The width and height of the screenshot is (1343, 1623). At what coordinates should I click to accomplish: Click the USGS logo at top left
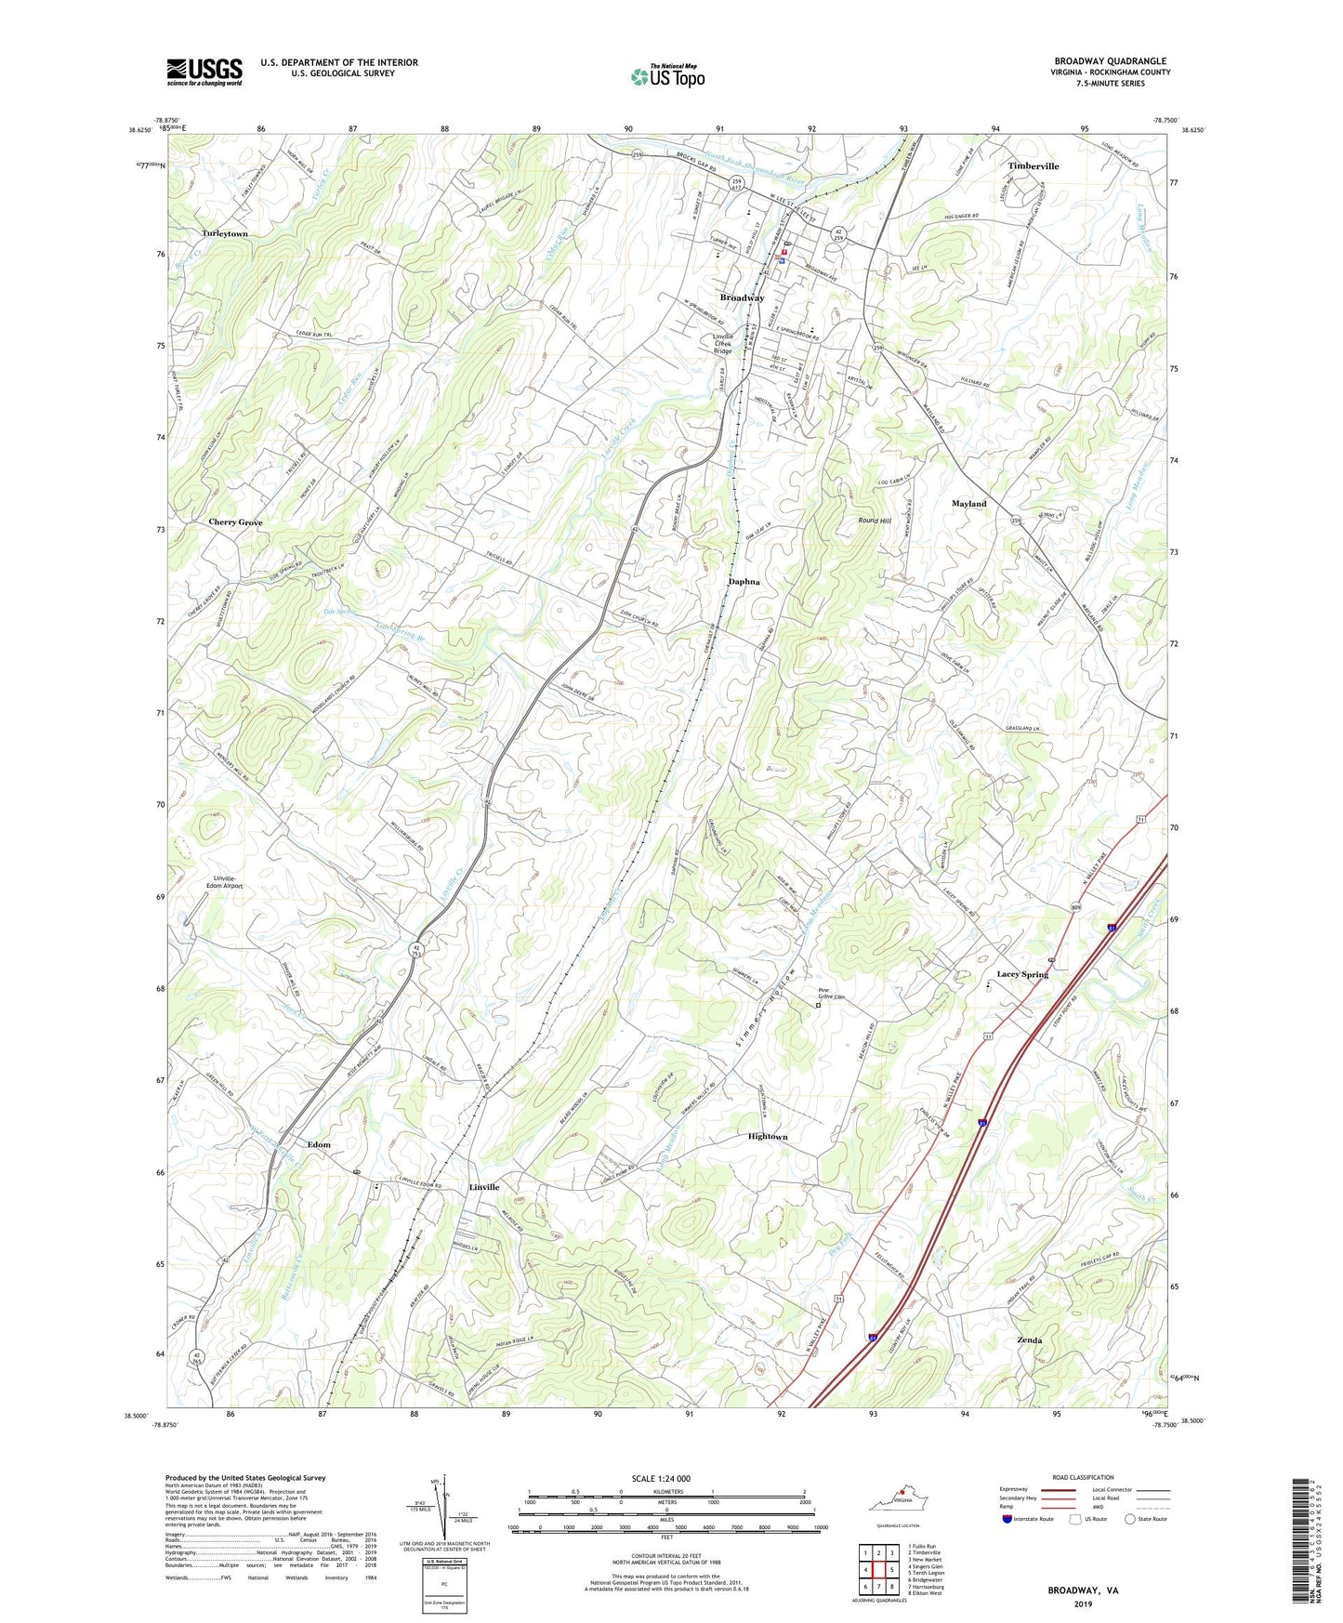click(204, 72)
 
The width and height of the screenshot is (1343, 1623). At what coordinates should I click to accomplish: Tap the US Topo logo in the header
click(666, 76)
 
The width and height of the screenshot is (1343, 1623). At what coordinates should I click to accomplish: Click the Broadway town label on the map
click(742, 297)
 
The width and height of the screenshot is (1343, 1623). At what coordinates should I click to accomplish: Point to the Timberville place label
click(1033, 166)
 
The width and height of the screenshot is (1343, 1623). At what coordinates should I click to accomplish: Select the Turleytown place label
click(225, 234)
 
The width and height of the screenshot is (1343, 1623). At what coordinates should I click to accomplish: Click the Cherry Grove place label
click(235, 522)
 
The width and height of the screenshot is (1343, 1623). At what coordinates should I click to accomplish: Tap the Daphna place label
click(744, 582)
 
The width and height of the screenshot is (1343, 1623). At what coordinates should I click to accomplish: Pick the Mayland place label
click(968, 504)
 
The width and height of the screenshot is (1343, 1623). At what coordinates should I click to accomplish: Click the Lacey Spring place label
click(1022, 974)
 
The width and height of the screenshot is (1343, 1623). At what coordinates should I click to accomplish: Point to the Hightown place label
click(768, 1137)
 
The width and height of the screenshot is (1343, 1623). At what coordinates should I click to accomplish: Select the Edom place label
click(319, 1144)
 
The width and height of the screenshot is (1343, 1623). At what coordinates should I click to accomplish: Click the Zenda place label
click(1029, 1340)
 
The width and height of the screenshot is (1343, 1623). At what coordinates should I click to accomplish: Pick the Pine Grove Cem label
click(831, 994)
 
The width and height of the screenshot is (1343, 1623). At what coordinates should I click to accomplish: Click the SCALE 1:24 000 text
click(661, 1479)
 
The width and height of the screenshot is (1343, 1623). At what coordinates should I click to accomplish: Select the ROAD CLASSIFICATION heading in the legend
click(1084, 1477)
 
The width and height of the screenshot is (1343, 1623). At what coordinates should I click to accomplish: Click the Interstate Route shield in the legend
click(1007, 1519)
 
